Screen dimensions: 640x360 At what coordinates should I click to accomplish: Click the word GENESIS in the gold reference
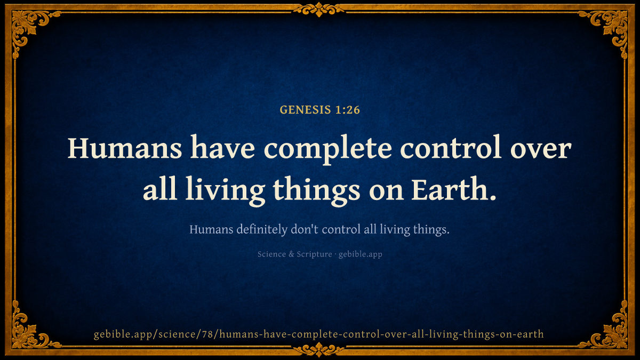pyautogui.click(x=305, y=110)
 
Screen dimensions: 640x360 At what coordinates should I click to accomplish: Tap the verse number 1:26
pyautogui.click(x=348, y=110)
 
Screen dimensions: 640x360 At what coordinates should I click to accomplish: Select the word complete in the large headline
pyautogui.click(x=327, y=150)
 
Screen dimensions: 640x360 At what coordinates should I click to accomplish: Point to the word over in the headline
pyautogui.click(x=541, y=150)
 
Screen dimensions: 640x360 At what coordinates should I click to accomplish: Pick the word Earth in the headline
pyautogui.click(x=450, y=189)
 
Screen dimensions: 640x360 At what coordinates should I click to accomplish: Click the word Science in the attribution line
pyautogui.click(x=271, y=254)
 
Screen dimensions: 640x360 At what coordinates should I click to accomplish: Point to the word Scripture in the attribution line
pyautogui.click(x=314, y=254)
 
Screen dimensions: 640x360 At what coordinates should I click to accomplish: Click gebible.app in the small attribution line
pyautogui.click(x=361, y=254)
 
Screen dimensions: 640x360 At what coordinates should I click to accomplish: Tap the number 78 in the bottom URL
pyautogui.click(x=207, y=334)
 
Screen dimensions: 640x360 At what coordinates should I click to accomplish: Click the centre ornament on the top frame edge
pyautogui.click(x=319, y=9)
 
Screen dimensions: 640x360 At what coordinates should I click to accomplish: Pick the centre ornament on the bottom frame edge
pyautogui.click(x=319, y=350)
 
